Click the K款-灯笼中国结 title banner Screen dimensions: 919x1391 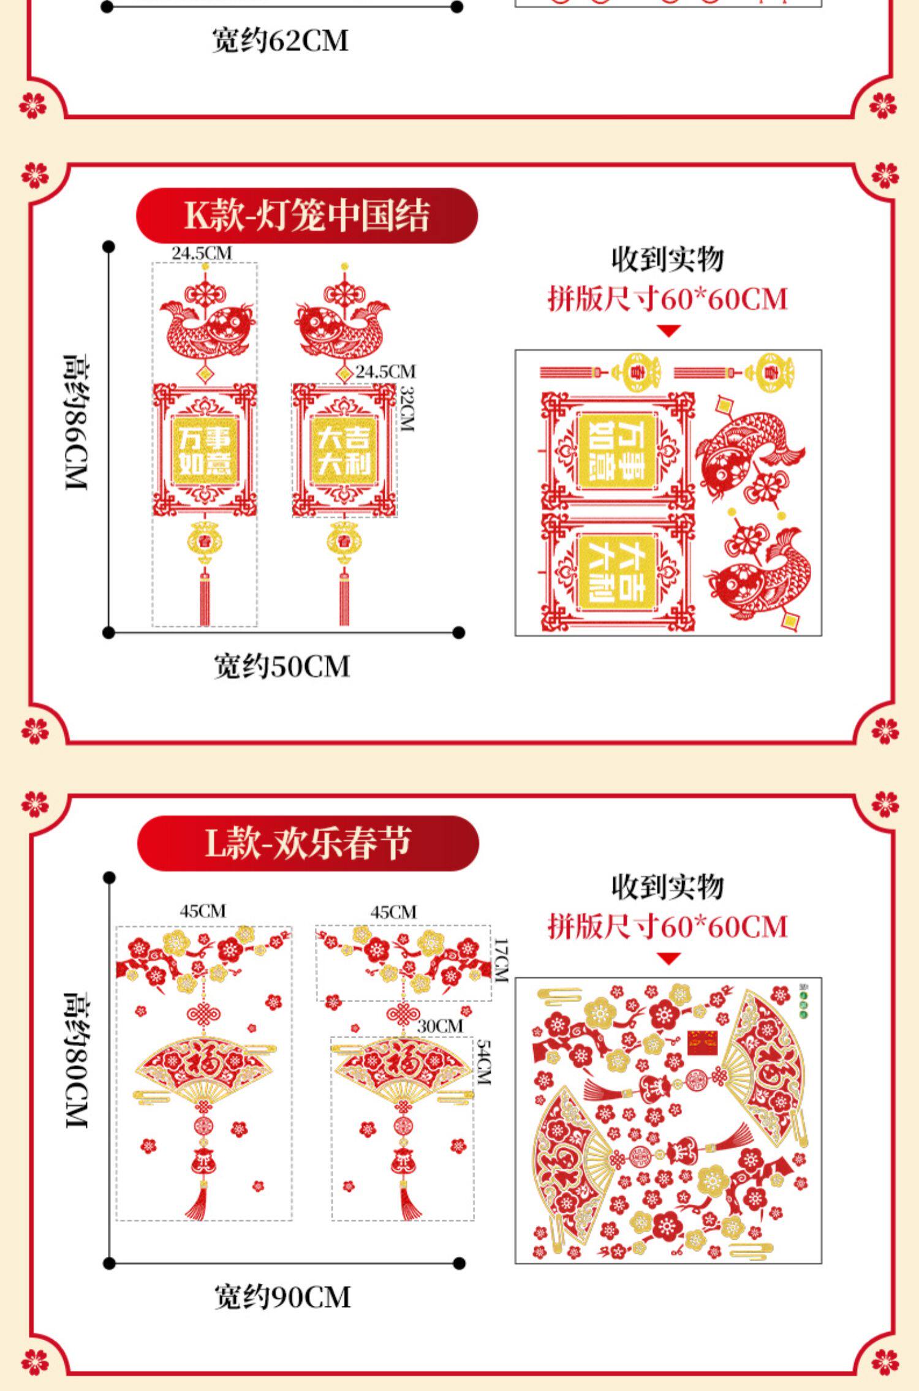click(306, 216)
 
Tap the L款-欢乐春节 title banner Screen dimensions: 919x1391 click(308, 843)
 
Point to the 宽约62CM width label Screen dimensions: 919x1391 click(281, 41)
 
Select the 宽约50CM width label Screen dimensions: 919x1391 click(282, 666)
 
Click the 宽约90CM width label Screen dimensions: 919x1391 click(282, 1297)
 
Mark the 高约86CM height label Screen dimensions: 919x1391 click(77, 422)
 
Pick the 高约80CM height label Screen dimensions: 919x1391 click(77, 1060)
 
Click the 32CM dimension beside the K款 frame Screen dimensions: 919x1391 click(407, 409)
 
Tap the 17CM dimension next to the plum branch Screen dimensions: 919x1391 click(501, 960)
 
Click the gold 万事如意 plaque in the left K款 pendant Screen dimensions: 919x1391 click(205, 450)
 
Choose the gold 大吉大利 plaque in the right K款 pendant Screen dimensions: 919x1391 click(343, 451)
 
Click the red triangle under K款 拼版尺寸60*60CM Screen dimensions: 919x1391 click(668, 331)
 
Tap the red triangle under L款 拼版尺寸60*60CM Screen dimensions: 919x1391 click(668, 959)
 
